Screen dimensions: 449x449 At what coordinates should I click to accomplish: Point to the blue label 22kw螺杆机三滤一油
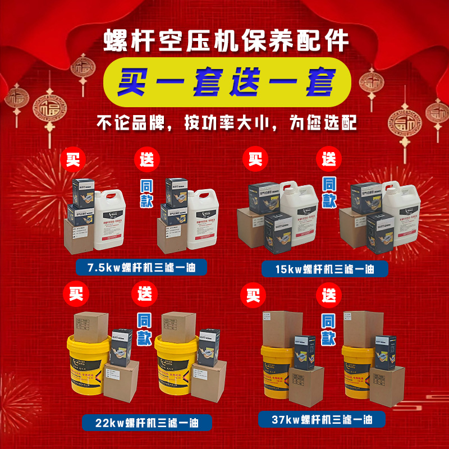pyautogui.click(x=139, y=421)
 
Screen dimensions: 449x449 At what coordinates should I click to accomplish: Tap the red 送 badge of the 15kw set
pyautogui.click(x=328, y=159)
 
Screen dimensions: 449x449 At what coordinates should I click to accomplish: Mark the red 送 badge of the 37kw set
pyautogui.click(x=328, y=294)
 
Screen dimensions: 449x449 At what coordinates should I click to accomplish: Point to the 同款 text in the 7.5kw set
pyautogui.click(x=146, y=193)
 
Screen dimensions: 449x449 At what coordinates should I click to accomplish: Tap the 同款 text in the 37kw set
pyautogui.click(x=329, y=328)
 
